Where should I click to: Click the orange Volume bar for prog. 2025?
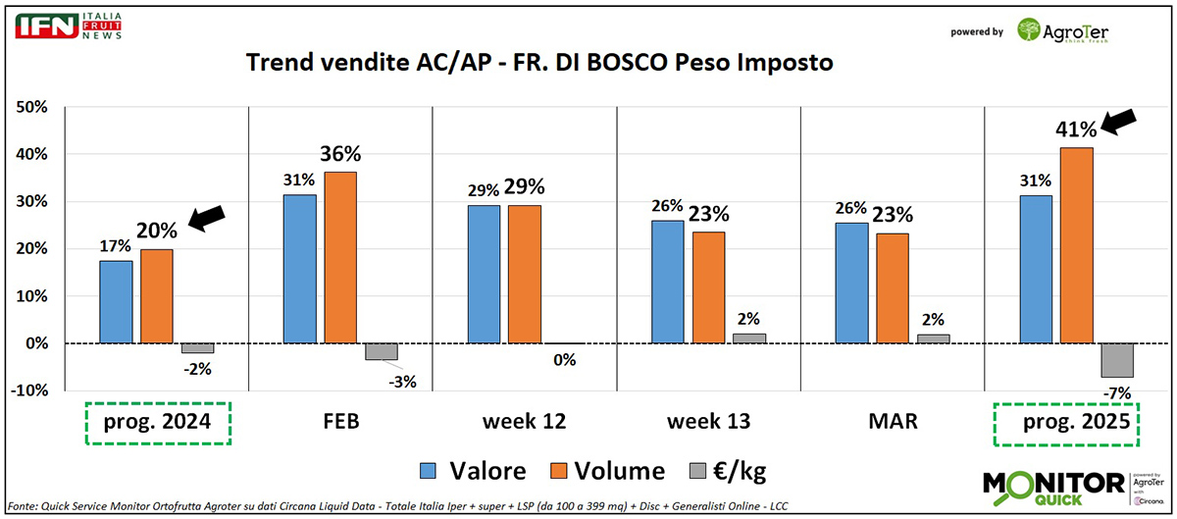[x=1077, y=245]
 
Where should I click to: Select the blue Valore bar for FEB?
[x=299, y=269]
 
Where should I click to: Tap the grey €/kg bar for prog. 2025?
[x=1116, y=360]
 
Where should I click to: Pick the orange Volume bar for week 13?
[x=708, y=287]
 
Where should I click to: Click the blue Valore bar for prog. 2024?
[x=116, y=302]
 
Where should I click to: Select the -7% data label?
[x=1116, y=393]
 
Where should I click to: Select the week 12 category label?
[x=524, y=422]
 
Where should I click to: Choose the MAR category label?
[x=893, y=422]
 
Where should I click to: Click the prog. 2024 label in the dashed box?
[x=157, y=423]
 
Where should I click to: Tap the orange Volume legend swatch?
[x=555, y=470]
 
